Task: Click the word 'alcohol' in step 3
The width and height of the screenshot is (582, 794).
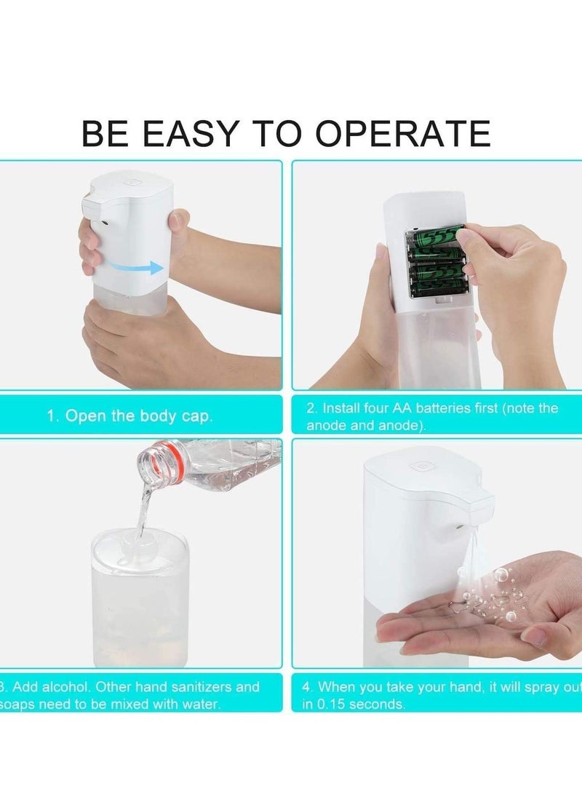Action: pos(64,686)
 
